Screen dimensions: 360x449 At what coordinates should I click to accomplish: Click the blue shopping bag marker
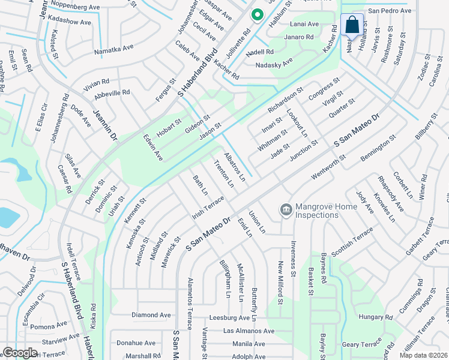point(352,25)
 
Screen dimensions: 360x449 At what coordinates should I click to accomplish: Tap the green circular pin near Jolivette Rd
point(257,14)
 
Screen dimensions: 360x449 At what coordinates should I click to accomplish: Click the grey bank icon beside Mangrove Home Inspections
point(286,210)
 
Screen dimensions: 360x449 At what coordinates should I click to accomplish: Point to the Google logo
point(20,352)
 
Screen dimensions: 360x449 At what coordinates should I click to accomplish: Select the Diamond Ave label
point(151,314)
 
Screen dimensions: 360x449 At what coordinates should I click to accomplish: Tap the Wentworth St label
point(329,167)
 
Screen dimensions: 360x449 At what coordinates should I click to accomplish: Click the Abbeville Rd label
point(112,93)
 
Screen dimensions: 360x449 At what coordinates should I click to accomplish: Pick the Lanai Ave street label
point(304,24)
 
